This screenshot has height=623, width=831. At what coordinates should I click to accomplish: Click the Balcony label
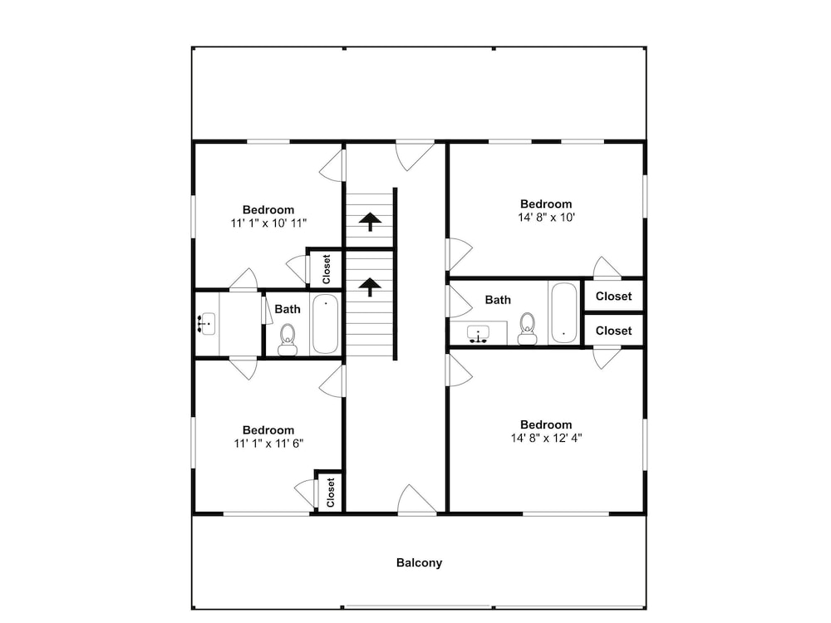coord(419,562)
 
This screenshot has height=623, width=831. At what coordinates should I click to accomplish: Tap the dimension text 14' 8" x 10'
coord(547,217)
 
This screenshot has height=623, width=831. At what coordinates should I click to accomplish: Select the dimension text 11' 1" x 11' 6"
coord(268,444)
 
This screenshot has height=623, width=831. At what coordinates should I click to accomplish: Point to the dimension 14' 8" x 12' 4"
coord(547,438)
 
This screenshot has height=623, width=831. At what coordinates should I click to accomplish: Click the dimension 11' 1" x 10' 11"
coord(268,223)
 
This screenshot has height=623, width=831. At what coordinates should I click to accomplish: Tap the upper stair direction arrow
coord(370,222)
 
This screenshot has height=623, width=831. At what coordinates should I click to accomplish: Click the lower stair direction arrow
coord(370,287)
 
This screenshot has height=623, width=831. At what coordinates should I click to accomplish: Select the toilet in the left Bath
coord(288,340)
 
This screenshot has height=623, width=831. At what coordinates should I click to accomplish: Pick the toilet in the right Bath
coord(528,328)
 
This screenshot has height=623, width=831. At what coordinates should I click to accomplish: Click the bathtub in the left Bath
coord(325,324)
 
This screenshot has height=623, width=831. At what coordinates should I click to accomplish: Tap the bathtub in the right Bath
coord(564,313)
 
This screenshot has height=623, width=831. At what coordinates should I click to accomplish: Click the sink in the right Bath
coord(479,335)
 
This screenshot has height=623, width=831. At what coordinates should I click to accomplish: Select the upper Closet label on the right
coord(614,297)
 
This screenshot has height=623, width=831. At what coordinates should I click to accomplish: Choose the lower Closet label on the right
coord(614,331)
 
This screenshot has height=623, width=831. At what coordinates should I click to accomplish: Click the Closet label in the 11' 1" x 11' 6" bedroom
coord(331,492)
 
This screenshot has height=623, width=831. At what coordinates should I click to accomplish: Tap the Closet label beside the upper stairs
coord(327,269)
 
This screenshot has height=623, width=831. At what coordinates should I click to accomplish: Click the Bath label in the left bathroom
coord(288,309)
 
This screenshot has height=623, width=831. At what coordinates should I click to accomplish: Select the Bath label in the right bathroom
coord(498,300)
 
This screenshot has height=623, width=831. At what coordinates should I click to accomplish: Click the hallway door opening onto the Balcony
coord(418,499)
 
